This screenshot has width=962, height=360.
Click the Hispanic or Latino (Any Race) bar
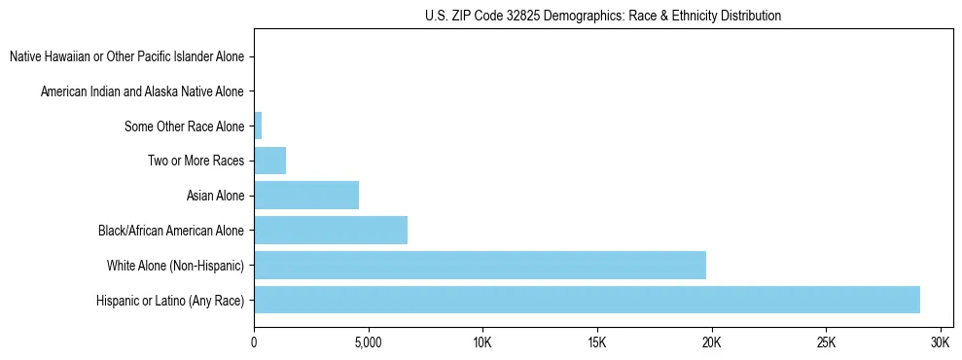(587, 300)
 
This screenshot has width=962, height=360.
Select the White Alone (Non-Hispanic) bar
(480, 265)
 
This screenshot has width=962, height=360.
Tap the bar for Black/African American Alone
(331, 231)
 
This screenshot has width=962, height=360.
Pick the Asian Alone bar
(306, 196)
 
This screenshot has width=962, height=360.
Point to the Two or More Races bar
(269, 161)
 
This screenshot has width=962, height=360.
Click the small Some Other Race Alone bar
(258, 126)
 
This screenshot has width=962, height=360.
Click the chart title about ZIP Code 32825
(603, 17)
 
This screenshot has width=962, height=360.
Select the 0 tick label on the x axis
(254, 342)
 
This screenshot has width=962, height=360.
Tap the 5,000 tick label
(368, 342)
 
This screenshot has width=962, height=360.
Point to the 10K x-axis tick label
(482, 342)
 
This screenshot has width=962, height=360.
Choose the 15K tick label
(597, 342)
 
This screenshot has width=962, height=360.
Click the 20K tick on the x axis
(711, 342)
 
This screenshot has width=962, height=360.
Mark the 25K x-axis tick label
(826, 342)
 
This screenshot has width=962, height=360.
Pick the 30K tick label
(940, 342)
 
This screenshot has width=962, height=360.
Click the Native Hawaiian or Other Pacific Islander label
(127, 56)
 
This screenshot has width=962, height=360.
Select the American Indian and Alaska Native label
(143, 91)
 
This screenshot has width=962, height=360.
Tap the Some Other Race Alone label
(185, 126)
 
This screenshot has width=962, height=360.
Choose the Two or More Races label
(196, 161)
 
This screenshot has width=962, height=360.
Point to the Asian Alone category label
(215, 196)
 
